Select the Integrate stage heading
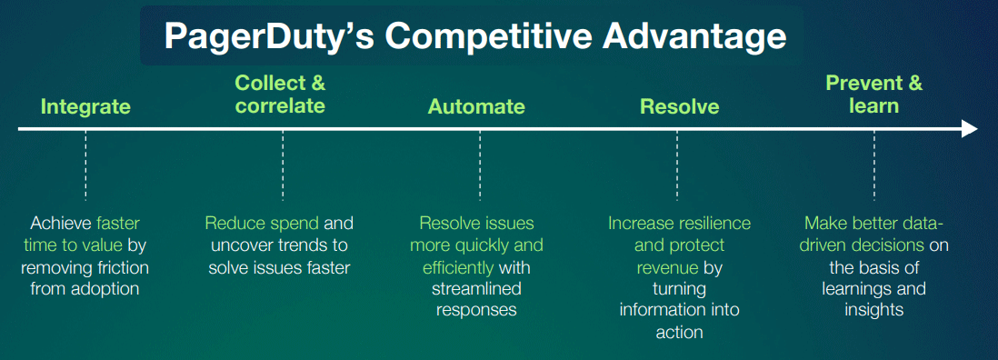click(x=85, y=106)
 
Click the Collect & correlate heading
click(x=280, y=94)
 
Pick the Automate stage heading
click(x=476, y=106)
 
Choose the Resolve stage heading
click(x=679, y=106)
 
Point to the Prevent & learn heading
click(x=873, y=94)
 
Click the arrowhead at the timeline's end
click(x=969, y=128)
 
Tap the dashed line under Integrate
click(x=85, y=166)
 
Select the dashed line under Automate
click(x=480, y=166)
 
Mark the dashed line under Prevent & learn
click(x=873, y=166)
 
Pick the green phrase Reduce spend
click(x=262, y=224)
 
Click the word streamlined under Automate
click(x=476, y=289)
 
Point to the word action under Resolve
click(x=679, y=333)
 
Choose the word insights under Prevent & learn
click(x=873, y=311)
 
